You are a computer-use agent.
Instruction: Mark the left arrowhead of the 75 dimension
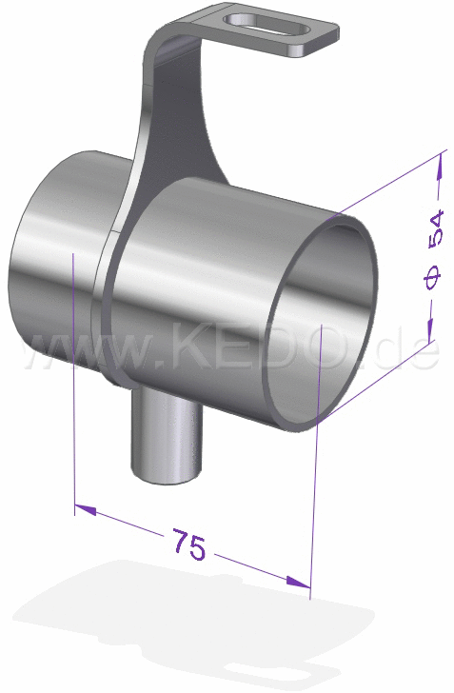point(85,510)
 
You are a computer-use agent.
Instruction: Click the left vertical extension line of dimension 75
point(74,381)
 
